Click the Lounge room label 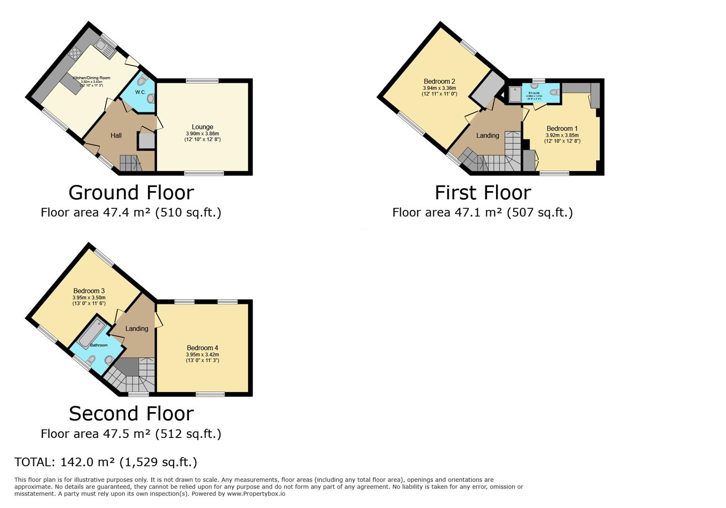[202, 127]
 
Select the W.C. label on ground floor [140, 92]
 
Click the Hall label [116, 135]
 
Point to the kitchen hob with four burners [75, 52]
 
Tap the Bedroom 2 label [439, 81]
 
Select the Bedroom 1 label [562, 128]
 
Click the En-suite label [534, 93]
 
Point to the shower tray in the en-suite [515, 94]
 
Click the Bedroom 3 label [89, 291]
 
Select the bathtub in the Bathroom [92, 333]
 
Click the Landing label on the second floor [136, 328]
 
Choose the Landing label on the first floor [487, 135]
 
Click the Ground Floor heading [131, 193]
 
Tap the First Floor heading [482, 193]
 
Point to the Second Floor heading [131, 414]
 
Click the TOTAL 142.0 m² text [105, 462]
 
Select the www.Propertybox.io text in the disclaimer [256, 494]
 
